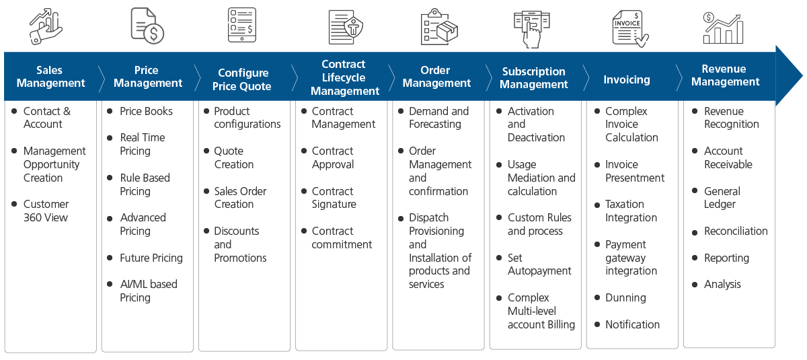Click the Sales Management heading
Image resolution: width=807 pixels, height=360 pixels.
click(50, 77)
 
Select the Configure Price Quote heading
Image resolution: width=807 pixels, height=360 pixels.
click(242, 79)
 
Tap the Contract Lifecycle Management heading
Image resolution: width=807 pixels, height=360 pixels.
click(344, 77)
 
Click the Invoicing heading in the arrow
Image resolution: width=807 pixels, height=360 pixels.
click(626, 79)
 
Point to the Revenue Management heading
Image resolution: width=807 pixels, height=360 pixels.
click(725, 75)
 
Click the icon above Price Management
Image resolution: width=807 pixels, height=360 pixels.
click(147, 27)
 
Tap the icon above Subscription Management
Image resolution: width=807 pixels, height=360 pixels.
click(533, 28)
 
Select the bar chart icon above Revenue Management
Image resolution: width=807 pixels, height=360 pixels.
click(722, 28)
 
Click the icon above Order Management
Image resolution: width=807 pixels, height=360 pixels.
click(438, 27)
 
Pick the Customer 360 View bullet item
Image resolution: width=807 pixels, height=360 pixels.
click(46, 211)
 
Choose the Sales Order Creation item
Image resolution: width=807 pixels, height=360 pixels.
click(240, 197)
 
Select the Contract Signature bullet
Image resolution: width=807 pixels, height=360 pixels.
click(334, 197)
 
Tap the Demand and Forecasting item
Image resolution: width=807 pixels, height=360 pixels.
click(438, 118)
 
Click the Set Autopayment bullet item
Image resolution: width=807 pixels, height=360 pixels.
click(539, 264)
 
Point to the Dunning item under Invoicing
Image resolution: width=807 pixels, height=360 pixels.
click(625, 297)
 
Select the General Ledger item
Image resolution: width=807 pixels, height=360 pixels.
click(722, 197)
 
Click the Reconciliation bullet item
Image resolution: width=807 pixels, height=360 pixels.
click(735, 231)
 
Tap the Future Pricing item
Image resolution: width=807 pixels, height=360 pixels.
click(151, 258)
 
